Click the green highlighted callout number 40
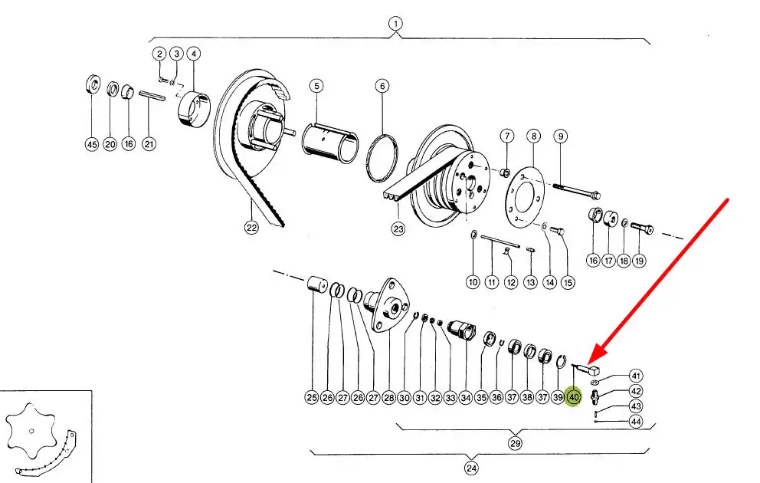point(573,397)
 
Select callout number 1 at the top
point(395,23)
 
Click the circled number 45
point(92,145)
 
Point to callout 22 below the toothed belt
point(252,227)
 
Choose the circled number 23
point(398,228)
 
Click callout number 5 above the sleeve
point(316,86)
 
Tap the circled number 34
point(466,397)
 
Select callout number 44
point(636,422)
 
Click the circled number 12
point(511,282)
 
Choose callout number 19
point(639,261)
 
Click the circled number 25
point(312,397)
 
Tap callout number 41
point(636,376)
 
